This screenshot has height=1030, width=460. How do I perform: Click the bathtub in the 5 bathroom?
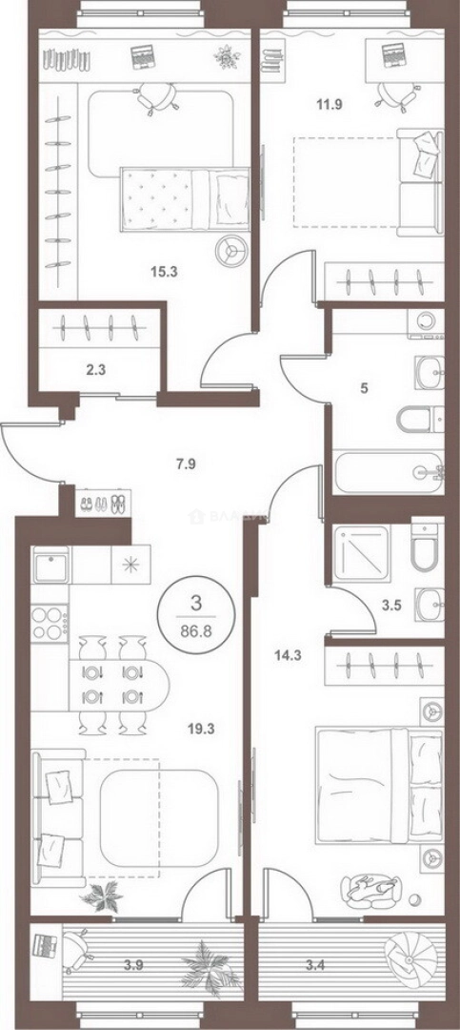[x=386, y=471]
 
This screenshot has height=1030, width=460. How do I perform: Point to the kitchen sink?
[x=50, y=568]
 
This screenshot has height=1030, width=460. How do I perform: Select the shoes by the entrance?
[x=99, y=503]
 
